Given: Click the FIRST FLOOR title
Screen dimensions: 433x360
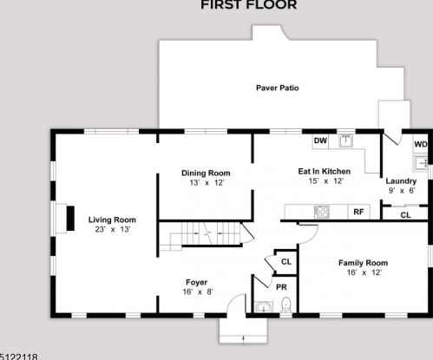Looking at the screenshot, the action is (x=249, y=4).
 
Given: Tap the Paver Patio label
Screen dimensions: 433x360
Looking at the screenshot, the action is (x=278, y=88).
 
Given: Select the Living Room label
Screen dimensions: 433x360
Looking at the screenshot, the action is (x=112, y=219).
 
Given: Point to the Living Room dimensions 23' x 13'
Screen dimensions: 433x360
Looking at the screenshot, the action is (x=113, y=229).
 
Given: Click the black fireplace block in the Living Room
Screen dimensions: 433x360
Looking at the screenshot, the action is (x=70, y=219).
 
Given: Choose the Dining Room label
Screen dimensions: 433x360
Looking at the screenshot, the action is (x=206, y=173).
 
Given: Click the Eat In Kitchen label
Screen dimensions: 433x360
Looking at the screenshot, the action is (x=325, y=172).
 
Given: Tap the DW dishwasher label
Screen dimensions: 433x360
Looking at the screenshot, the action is (x=320, y=141).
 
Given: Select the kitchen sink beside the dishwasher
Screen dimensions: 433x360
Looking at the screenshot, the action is (x=346, y=141).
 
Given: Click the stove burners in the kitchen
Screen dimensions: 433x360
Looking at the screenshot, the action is (x=322, y=212).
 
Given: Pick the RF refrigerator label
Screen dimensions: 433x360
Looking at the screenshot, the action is (x=358, y=212).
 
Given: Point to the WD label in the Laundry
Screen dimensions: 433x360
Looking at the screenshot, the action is (x=421, y=144).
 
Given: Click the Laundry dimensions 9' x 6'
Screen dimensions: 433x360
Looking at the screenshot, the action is (x=402, y=191).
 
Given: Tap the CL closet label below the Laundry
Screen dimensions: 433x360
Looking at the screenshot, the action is (x=405, y=215).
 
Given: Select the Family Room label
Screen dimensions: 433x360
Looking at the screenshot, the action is (x=363, y=263).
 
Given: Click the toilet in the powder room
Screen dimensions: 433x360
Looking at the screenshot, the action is (x=285, y=304).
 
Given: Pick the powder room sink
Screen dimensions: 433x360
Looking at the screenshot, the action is (x=264, y=307).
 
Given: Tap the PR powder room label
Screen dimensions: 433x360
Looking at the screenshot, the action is (x=281, y=287).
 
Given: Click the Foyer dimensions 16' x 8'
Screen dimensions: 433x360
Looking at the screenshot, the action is (x=198, y=291).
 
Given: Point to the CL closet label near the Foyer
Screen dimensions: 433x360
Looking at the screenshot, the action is (x=286, y=262).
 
